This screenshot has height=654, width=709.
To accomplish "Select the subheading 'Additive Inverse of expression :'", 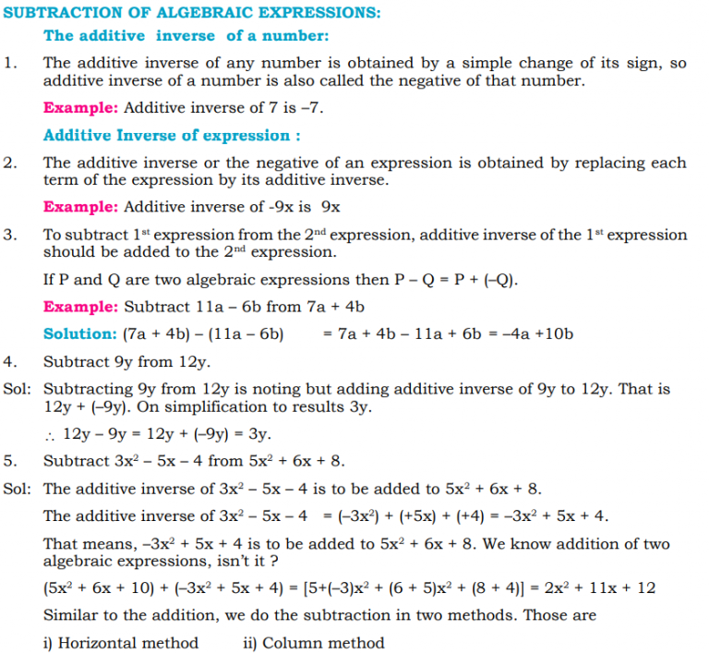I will pos(172,136).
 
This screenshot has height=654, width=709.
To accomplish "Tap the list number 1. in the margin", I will pos(10,63).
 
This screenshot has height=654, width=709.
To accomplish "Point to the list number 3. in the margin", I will pos(10,235).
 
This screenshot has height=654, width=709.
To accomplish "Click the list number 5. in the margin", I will pos(10,460).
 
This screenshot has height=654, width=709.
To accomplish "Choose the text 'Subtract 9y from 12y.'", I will pos(126,362).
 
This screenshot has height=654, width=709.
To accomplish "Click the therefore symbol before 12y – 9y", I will pos(49,435).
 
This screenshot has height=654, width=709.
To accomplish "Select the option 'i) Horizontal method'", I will pos(121,642).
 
